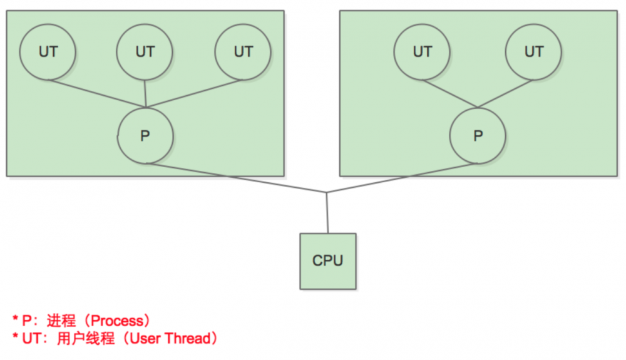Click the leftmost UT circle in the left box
[x=48, y=52]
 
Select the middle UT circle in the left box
[x=145, y=52]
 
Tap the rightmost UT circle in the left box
[x=243, y=52]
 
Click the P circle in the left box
[x=145, y=136]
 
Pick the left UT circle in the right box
[x=423, y=52]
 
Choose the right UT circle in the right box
[x=533, y=52]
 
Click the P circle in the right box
[x=478, y=136]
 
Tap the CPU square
[x=328, y=261]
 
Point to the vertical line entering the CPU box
[x=327, y=213]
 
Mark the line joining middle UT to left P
[x=145, y=93]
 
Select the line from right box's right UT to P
[x=506, y=93]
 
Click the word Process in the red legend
[x=118, y=321]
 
